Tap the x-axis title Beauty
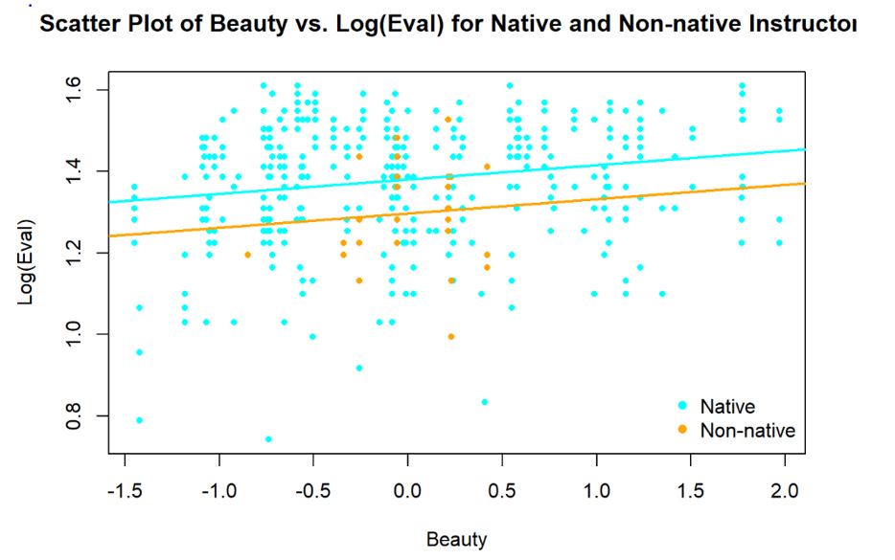(456, 539)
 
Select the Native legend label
(727, 407)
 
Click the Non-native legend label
(747, 430)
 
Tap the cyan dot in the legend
(682, 407)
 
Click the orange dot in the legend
(682, 430)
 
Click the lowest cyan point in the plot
(268, 439)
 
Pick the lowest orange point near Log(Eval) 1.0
(451, 336)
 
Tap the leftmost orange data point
(248, 255)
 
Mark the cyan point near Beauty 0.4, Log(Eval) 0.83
(485, 402)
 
